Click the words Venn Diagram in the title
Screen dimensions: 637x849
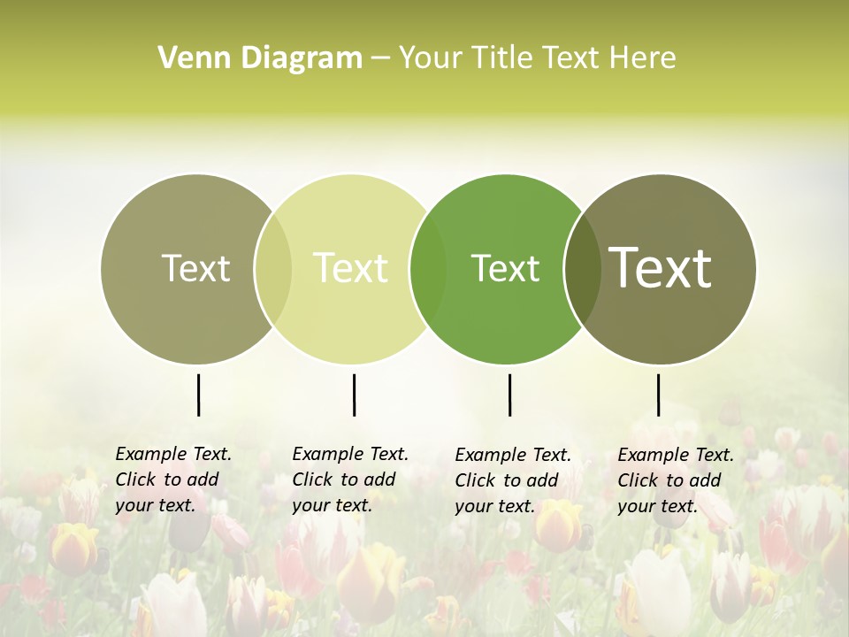(x=260, y=58)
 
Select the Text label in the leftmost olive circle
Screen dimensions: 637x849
(x=195, y=268)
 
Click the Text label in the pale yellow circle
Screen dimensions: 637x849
(x=351, y=268)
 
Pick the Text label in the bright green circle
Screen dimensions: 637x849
(x=506, y=268)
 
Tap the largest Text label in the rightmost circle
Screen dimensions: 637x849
(x=661, y=267)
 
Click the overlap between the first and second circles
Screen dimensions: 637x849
(x=273, y=269)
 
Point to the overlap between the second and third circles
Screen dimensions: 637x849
(x=428, y=269)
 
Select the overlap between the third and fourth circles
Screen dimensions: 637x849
(x=582, y=269)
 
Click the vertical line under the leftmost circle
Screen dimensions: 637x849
(x=198, y=395)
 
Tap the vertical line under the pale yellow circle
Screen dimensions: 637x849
(x=354, y=395)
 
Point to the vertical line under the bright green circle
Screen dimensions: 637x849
(x=509, y=395)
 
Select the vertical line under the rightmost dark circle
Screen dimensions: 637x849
(x=658, y=395)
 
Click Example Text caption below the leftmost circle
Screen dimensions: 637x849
(x=173, y=454)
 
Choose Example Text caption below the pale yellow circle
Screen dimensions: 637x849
(x=350, y=454)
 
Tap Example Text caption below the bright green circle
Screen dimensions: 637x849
(x=513, y=455)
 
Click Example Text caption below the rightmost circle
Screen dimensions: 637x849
(x=676, y=455)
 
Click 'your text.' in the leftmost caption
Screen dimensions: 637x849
(x=155, y=506)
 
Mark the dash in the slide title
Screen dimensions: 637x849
(x=380, y=59)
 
